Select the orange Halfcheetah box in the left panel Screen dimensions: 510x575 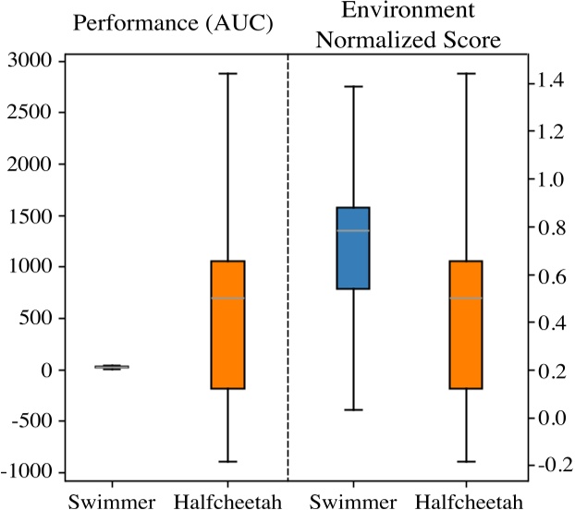(x=227, y=324)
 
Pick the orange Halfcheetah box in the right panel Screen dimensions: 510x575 (x=466, y=324)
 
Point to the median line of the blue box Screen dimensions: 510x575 (x=352, y=230)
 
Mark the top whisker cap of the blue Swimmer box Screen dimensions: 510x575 (x=352, y=86)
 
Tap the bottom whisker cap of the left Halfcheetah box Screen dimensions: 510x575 (x=227, y=461)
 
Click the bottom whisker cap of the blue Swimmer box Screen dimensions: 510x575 (x=352, y=409)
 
